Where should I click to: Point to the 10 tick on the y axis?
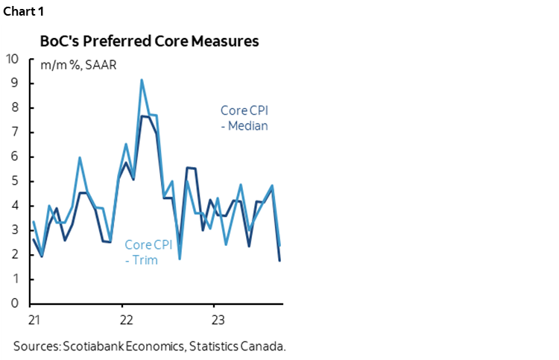click(x=13, y=59)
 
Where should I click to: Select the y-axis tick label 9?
click(x=16, y=83)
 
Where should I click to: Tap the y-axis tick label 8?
click(x=16, y=108)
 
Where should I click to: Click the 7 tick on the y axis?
click(x=16, y=133)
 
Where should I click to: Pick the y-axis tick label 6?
click(x=16, y=157)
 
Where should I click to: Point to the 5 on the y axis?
click(x=16, y=182)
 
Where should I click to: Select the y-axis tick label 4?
click(x=16, y=206)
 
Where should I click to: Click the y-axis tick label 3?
click(x=16, y=230)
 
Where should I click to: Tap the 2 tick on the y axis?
click(x=16, y=255)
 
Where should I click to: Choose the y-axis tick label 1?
click(x=16, y=280)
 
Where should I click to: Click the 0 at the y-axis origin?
click(x=16, y=304)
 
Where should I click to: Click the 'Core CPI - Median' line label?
click(x=244, y=118)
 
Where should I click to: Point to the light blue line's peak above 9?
click(x=142, y=80)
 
